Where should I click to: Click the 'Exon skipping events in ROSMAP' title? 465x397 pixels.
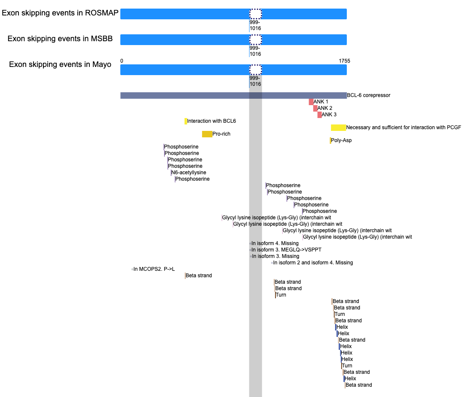[x=60, y=13]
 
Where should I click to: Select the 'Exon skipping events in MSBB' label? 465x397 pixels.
[x=60, y=39]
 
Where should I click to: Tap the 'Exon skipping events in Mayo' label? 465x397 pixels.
[x=60, y=64]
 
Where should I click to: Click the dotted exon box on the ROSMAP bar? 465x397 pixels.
[x=255, y=14]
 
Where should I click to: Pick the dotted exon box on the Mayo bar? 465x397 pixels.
[x=255, y=70]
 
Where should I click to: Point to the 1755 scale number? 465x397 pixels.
[x=344, y=61]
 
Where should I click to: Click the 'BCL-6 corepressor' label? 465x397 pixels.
[x=369, y=95]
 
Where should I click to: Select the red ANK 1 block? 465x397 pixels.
[x=311, y=102]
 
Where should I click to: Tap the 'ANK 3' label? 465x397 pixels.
[x=329, y=115]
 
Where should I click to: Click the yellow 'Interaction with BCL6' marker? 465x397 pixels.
[x=186, y=121]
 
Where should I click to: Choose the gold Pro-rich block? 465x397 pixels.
[x=207, y=134]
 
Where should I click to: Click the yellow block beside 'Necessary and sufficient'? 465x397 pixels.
[x=338, y=128]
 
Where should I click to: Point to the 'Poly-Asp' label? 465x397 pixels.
[x=341, y=140]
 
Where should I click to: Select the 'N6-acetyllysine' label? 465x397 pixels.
[x=189, y=173]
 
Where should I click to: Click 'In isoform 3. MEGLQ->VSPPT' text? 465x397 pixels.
[x=287, y=250]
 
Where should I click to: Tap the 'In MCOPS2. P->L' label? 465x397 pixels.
[x=154, y=269]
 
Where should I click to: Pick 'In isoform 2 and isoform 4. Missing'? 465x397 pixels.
[x=313, y=263]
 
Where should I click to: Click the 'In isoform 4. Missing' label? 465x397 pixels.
[x=275, y=243]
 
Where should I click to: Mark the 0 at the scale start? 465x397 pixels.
[x=122, y=61]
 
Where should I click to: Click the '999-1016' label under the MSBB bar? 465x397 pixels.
[x=255, y=51]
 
